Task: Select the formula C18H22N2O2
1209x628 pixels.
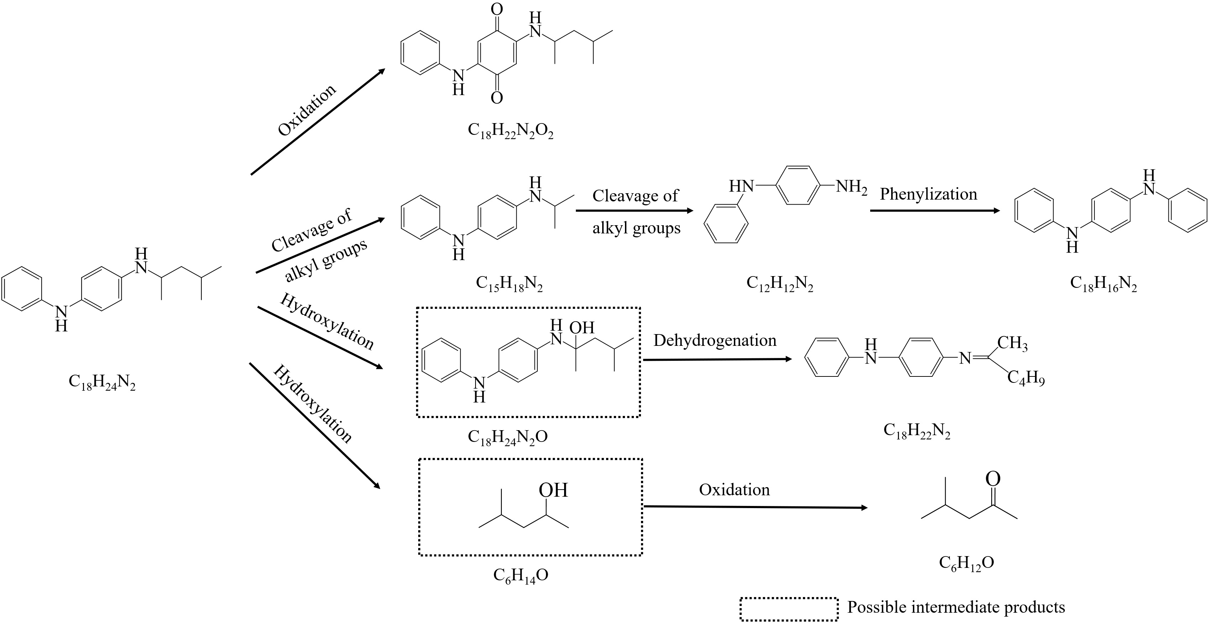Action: pos(511,131)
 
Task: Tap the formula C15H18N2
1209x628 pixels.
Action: pos(509,284)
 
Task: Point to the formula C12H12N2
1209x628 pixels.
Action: pos(779,284)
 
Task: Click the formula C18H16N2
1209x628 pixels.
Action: pos(1103,284)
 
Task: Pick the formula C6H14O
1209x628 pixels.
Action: pos(520,575)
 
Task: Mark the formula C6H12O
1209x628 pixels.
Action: pos(966,562)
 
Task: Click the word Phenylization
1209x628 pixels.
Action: pos(928,194)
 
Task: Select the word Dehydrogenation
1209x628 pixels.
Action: pos(715,340)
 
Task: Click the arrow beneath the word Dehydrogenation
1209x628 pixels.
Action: pos(717,359)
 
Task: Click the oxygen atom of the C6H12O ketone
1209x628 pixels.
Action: pos(993,479)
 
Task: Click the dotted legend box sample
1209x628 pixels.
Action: pos(789,609)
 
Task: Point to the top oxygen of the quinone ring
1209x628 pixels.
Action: pos(496,9)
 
